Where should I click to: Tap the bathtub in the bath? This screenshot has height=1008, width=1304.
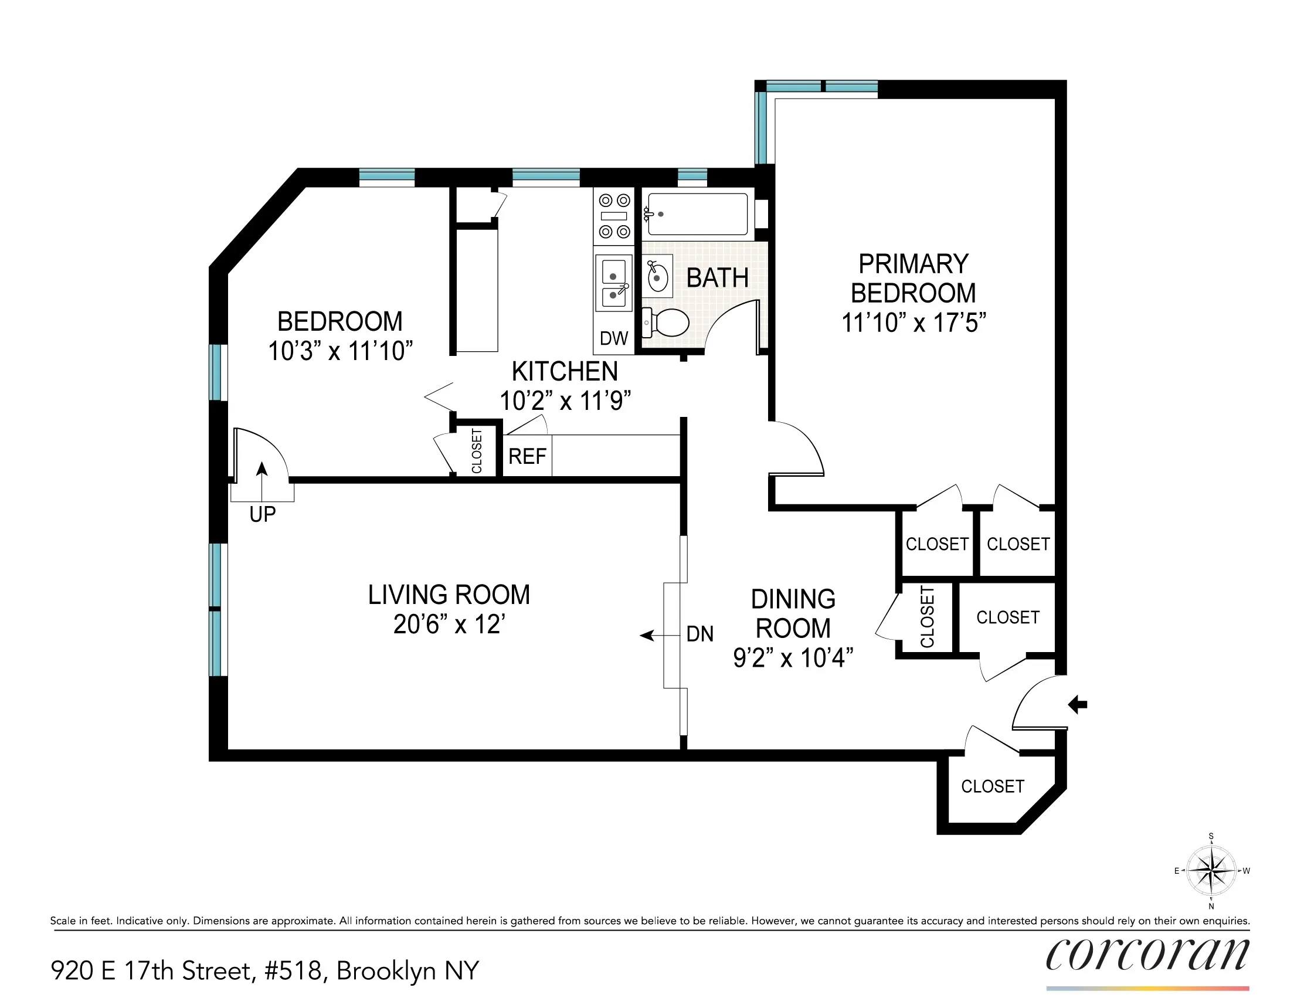696,214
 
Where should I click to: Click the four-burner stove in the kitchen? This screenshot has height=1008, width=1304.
614,216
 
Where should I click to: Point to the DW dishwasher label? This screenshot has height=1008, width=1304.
614,338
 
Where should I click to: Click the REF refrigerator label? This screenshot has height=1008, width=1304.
527,456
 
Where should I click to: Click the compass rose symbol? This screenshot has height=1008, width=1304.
1211,871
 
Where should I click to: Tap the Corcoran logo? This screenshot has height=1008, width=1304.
1146,955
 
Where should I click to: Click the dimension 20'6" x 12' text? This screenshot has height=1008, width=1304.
449,625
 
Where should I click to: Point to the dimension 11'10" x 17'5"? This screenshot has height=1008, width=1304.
913,323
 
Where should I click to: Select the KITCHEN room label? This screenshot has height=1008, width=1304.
564,371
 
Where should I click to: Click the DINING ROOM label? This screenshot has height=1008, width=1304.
793,613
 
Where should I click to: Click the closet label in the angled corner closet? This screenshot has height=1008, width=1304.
992,786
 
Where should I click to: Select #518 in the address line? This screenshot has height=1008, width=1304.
296,971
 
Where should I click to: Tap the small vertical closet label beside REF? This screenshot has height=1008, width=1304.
477,451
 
